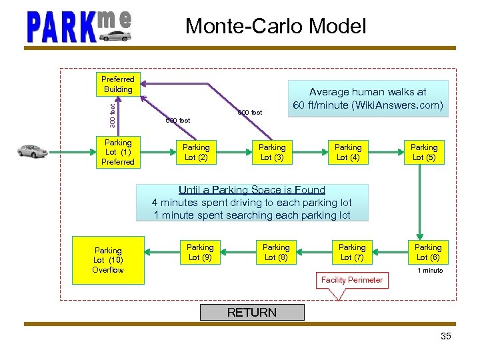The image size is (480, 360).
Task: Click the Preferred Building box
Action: pos(118,84)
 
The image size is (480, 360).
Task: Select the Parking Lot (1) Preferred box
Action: pos(118,152)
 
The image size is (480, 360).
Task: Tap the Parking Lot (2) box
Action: pos(196,152)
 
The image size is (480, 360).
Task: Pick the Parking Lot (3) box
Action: pos(272,152)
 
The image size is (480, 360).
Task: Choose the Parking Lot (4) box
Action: pos(348,152)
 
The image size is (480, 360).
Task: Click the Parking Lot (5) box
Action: pos(424,152)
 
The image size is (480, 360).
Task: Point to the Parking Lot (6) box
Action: pos(428,252)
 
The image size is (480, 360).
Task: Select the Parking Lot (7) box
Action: pos(352,252)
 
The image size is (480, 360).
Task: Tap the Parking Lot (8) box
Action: pos(276,252)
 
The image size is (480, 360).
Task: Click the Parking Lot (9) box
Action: pos(200,252)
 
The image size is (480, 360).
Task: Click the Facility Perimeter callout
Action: pos(352,280)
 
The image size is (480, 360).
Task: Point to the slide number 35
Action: pos(446,336)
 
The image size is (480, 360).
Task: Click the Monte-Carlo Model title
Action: pos(275,26)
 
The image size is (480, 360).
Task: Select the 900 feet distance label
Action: pos(250,113)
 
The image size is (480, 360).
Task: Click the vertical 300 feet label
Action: pos(113,114)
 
